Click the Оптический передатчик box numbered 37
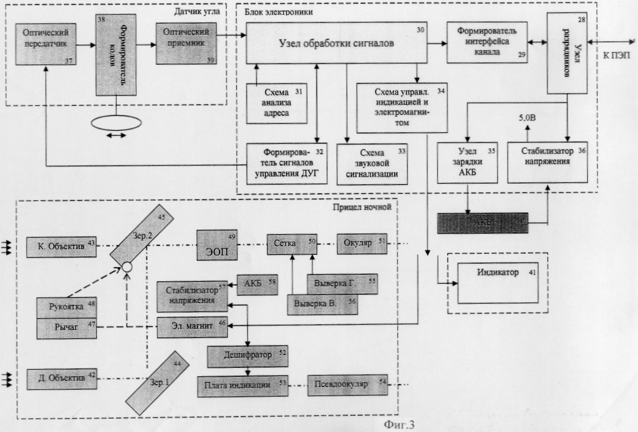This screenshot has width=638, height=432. pyautogui.click(x=46, y=43)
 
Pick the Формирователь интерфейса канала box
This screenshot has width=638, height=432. pyautogui.click(x=487, y=42)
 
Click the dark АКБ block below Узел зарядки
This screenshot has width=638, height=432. pyautogui.click(x=483, y=222)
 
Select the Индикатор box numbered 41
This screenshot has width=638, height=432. pyautogui.click(x=497, y=283)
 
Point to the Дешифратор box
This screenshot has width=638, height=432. pyautogui.click(x=246, y=354)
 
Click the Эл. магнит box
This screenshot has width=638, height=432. pyautogui.click(x=194, y=326)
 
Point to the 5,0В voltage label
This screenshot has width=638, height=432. pyautogui.click(x=528, y=119)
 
